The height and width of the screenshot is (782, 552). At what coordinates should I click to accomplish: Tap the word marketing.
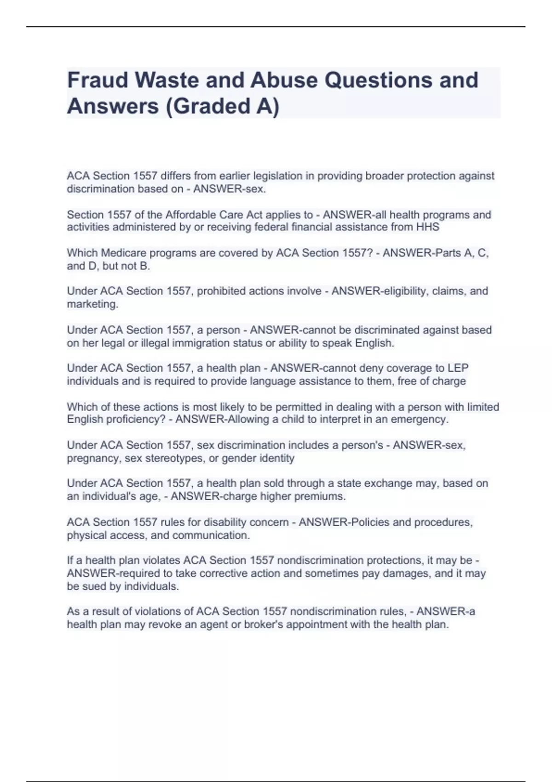tap(92, 304)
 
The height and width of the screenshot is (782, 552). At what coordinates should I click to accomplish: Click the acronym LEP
tap(458, 368)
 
